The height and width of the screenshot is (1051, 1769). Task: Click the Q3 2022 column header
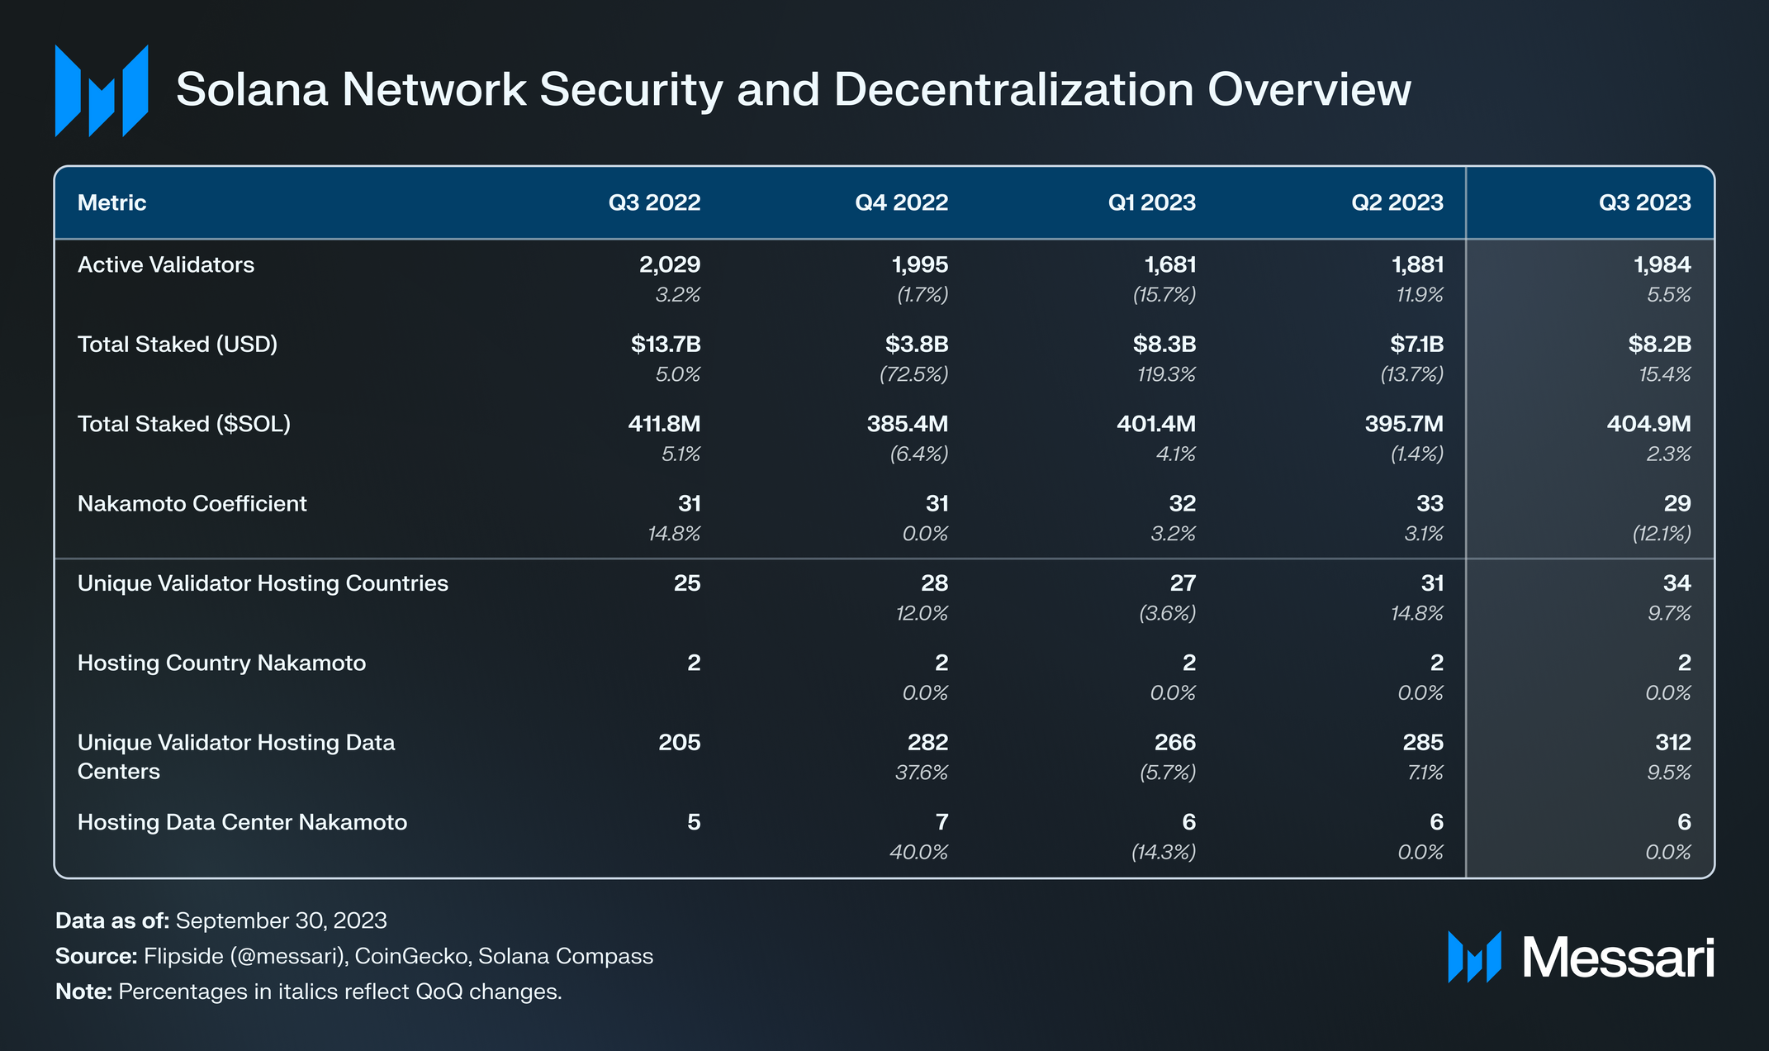click(654, 202)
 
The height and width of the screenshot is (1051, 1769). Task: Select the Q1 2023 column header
click(1151, 202)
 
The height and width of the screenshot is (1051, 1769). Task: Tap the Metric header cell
click(111, 202)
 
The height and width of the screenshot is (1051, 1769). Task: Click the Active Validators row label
click(166, 264)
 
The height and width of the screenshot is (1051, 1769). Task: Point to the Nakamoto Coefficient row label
click(192, 503)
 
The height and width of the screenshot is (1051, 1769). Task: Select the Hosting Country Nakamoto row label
click(221, 663)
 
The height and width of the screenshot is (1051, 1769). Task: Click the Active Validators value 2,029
click(670, 265)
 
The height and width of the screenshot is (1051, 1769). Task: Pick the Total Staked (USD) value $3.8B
click(917, 344)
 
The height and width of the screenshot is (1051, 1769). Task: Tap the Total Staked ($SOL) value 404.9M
click(1648, 424)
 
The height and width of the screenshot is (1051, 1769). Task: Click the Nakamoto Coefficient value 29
click(1678, 503)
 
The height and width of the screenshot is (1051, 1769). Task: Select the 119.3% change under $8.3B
click(1166, 374)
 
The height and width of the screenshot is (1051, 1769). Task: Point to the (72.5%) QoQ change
click(914, 374)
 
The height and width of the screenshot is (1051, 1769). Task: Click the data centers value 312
click(1673, 742)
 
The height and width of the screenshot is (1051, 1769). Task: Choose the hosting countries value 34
click(1677, 583)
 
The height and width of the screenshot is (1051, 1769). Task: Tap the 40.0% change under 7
click(918, 852)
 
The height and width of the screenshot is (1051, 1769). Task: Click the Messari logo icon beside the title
click(102, 91)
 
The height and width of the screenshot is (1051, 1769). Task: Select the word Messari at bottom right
click(1618, 958)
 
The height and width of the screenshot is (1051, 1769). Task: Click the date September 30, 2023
click(282, 920)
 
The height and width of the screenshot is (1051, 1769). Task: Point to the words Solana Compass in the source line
click(566, 956)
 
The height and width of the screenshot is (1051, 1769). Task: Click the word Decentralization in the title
click(1014, 89)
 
